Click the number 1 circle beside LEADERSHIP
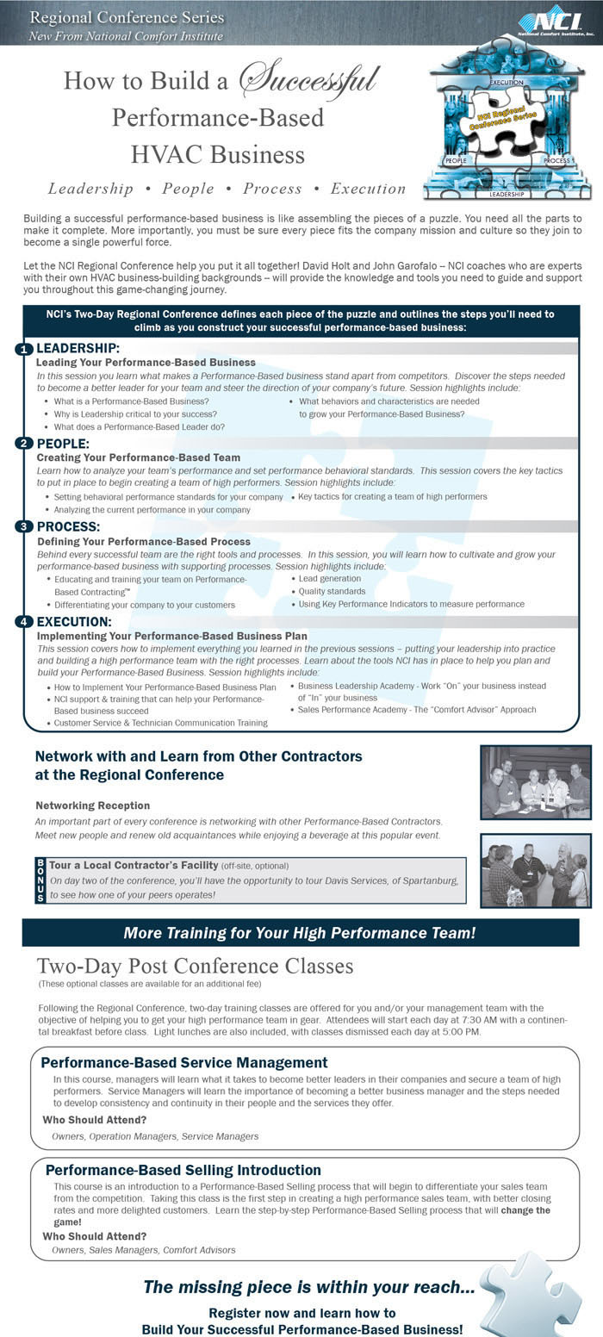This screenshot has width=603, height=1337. click(x=23, y=349)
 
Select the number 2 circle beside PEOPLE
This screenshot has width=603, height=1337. click(x=23, y=444)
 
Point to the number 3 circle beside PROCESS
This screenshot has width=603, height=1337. click(x=23, y=526)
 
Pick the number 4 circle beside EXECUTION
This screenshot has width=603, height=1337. click(x=23, y=622)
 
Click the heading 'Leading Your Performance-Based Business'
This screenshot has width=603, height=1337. click(x=146, y=363)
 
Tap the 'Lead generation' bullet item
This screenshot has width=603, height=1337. click(x=329, y=579)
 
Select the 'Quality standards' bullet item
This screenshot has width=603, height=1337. click(x=332, y=592)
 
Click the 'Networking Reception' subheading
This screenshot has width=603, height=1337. click(x=93, y=805)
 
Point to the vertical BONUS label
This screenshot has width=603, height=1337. click(x=40, y=880)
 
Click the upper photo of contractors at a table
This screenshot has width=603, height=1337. click(x=535, y=782)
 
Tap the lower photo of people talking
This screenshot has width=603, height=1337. click(x=535, y=871)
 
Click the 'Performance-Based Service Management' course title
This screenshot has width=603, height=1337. click(x=184, y=1063)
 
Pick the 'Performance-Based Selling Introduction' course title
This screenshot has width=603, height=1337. click(x=183, y=1170)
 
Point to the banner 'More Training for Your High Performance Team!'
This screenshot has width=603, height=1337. click(x=300, y=933)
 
